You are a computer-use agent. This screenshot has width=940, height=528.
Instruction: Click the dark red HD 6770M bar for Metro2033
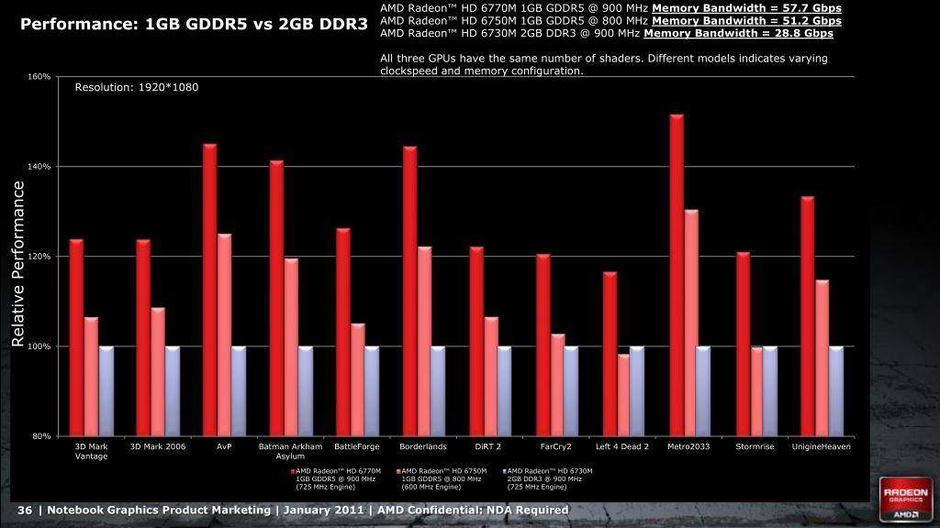[x=677, y=275]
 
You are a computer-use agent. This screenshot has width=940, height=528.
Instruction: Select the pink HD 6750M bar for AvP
[x=224, y=335]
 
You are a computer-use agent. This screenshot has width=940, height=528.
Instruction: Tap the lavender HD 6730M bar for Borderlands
[x=437, y=390]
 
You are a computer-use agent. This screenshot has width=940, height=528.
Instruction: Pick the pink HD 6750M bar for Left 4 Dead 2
[x=623, y=394]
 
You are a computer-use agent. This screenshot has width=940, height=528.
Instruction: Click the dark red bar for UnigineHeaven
[x=807, y=316]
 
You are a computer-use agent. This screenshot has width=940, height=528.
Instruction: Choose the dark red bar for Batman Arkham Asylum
[x=276, y=298]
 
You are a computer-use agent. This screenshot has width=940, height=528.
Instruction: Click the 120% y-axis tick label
[x=39, y=257]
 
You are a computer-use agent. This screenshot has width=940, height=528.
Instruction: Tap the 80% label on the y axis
[x=41, y=436]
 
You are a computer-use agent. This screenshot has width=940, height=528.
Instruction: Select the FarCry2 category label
[x=555, y=446]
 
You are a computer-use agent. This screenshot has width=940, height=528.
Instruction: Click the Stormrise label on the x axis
[x=755, y=446]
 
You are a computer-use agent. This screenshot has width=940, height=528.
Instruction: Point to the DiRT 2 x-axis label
[x=488, y=446]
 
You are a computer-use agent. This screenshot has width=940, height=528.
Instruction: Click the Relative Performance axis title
[x=17, y=264]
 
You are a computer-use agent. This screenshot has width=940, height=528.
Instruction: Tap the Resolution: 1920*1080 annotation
[x=136, y=87]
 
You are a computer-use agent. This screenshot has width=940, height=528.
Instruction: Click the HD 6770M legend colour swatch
[x=293, y=471]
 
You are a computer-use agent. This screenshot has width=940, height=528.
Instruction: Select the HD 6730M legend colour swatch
[x=504, y=471]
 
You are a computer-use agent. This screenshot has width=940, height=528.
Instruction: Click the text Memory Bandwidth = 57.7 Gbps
[x=746, y=8]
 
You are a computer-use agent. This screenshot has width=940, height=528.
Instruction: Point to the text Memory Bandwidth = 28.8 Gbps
[x=738, y=33]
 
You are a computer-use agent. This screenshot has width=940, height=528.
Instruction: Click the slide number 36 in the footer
[x=25, y=510]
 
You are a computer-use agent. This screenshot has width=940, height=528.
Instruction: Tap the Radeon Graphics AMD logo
[x=903, y=498]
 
